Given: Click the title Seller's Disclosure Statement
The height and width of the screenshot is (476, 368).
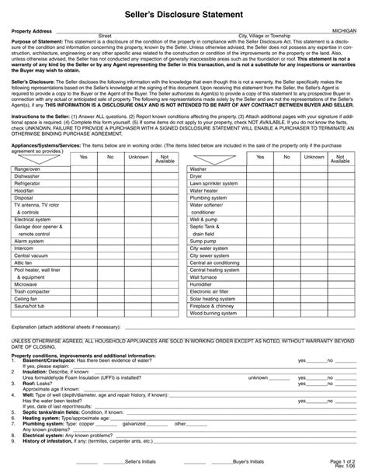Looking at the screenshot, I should click(184, 15).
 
